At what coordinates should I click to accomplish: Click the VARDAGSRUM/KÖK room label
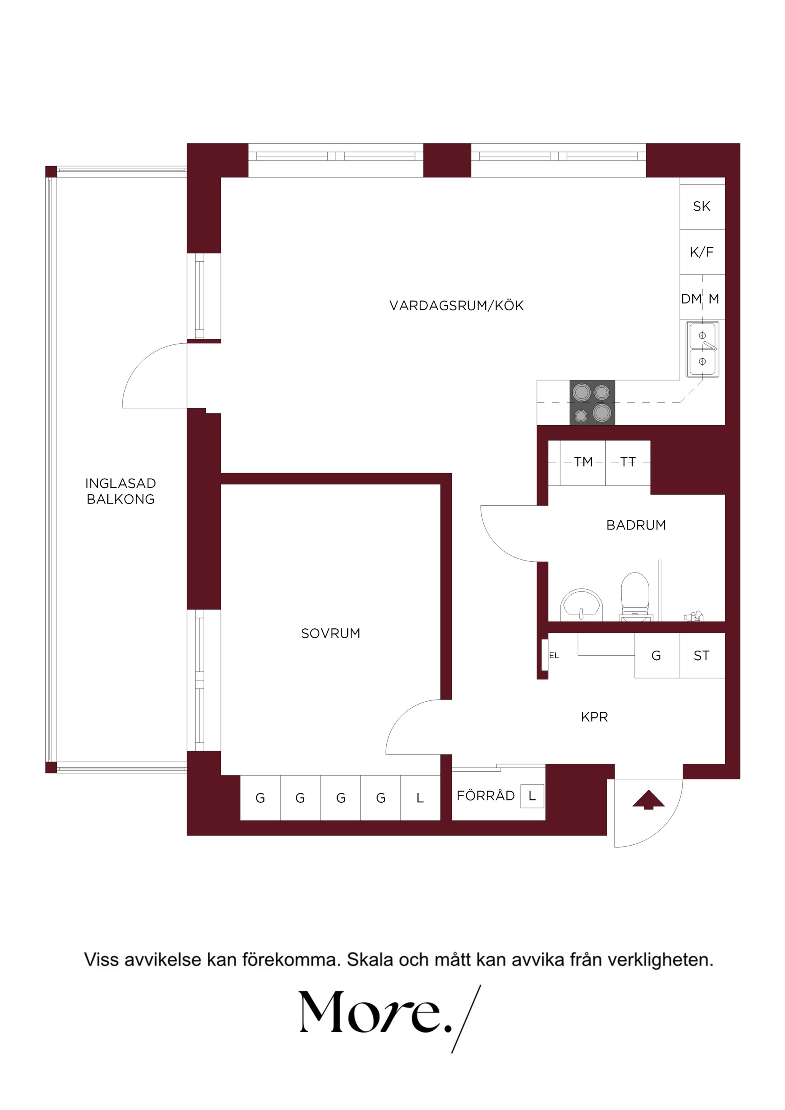click(456, 305)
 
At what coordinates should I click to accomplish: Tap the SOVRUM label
click(331, 633)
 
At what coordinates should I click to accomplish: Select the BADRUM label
click(636, 525)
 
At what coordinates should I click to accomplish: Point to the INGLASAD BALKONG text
click(120, 491)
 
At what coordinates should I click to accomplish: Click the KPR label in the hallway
click(594, 717)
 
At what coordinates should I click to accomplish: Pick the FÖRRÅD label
click(486, 796)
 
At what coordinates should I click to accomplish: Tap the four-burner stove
click(592, 403)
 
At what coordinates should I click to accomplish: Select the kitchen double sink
click(702, 349)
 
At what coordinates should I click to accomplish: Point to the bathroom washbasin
click(582, 604)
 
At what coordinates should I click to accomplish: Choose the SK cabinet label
click(701, 207)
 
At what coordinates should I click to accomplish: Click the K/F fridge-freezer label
click(701, 252)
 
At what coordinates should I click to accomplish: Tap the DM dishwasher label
click(691, 299)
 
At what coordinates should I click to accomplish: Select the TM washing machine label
click(583, 462)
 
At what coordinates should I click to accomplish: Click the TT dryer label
click(628, 462)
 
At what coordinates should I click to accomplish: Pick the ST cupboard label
click(701, 656)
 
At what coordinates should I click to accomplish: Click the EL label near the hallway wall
click(554, 656)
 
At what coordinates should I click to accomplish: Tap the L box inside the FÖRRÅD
click(532, 796)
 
